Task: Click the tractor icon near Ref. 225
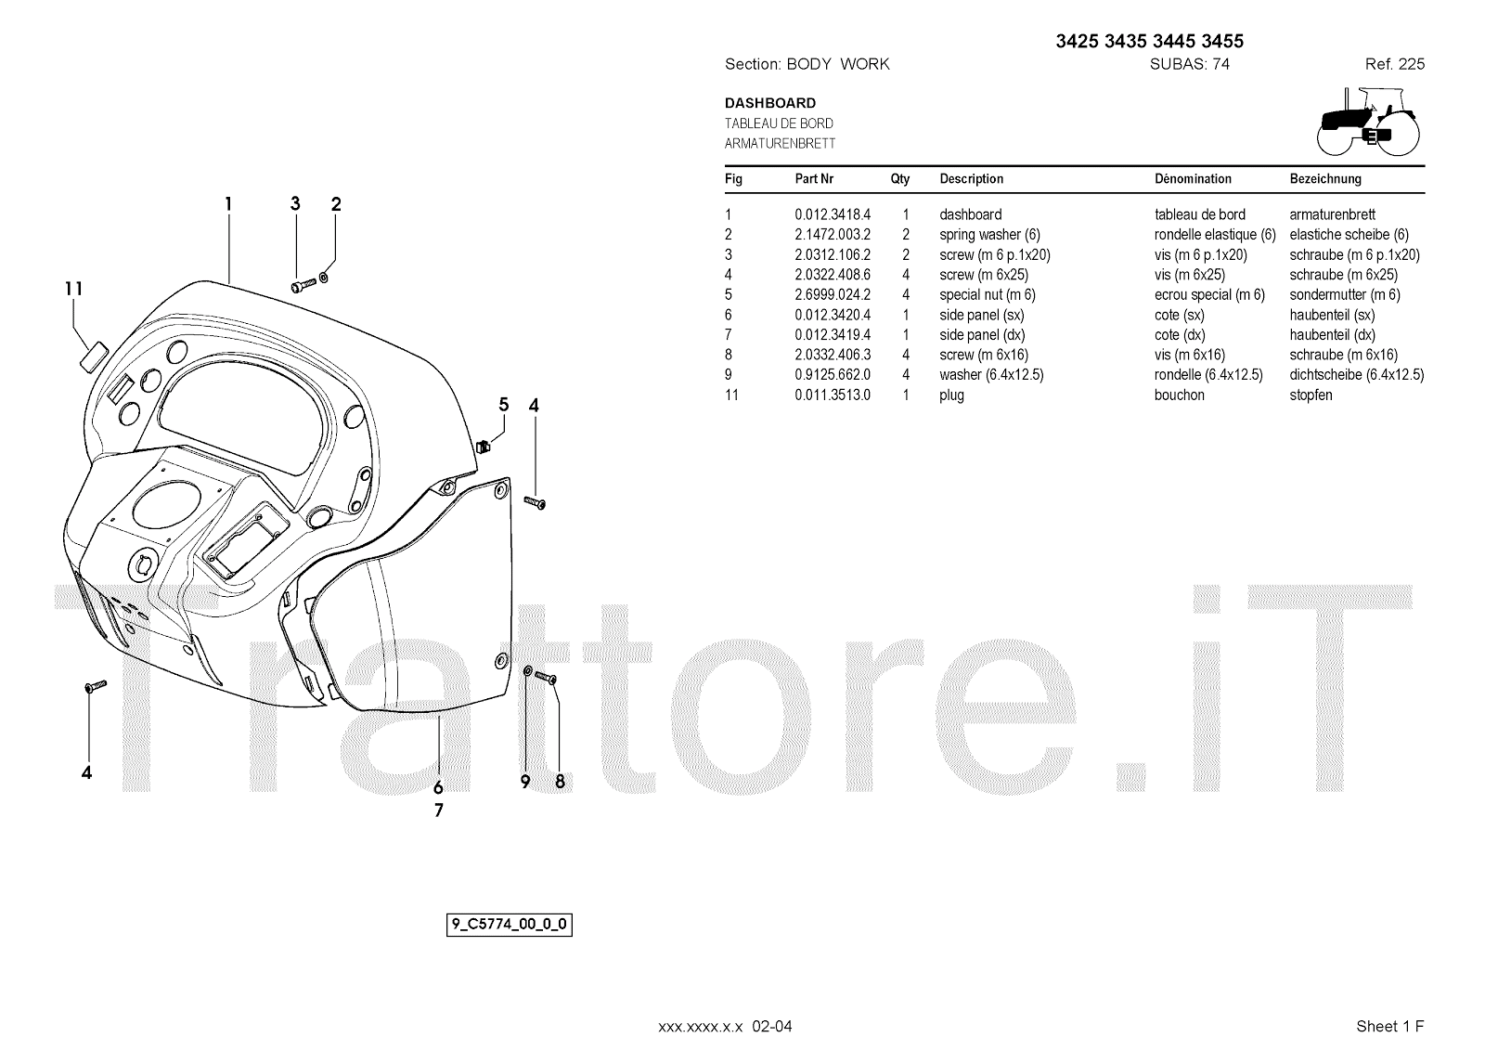pos(1368,121)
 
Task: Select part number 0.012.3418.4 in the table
pos(833,214)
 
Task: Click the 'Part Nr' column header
pos(814,179)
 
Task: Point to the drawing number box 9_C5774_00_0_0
pos(510,925)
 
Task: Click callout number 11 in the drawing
pos(74,289)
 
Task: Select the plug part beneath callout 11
pos(94,356)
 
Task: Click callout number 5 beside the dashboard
pos(504,404)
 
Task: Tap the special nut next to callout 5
pos(483,446)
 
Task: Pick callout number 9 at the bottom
pos(525,782)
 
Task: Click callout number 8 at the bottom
pos(560,782)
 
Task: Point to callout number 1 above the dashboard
pos(227,204)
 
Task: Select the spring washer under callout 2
pos(323,276)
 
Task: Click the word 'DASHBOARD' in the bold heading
pos(770,103)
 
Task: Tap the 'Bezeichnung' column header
pos(1325,179)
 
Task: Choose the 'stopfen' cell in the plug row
pos(1311,395)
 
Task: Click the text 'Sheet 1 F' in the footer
pos(1389,1026)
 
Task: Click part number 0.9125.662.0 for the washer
pos(833,375)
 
